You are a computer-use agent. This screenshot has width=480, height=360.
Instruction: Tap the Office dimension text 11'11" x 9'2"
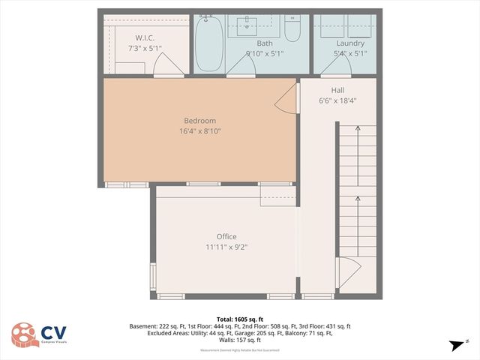(x=226, y=247)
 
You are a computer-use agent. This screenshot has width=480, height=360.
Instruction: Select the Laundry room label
(x=350, y=43)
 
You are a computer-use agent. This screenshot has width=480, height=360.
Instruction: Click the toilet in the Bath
(x=292, y=28)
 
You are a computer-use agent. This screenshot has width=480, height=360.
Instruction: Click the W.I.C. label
(x=145, y=38)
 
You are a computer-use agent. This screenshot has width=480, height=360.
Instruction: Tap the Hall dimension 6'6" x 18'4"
(x=337, y=100)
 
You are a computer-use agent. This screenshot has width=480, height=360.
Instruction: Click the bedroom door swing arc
(x=287, y=98)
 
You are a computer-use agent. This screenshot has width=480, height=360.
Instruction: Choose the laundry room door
(x=337, y=65)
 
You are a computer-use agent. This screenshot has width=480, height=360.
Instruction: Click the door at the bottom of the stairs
(x=349, y=272)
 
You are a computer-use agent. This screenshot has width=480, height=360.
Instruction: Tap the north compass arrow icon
(x=455, y=345)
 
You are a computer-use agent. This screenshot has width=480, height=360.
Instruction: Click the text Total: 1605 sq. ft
(x=239, y=318)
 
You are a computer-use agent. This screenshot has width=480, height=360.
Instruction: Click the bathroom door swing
(x=241, y=65)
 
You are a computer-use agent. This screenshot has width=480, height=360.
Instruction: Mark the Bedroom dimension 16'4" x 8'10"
(x=200, y=132)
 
